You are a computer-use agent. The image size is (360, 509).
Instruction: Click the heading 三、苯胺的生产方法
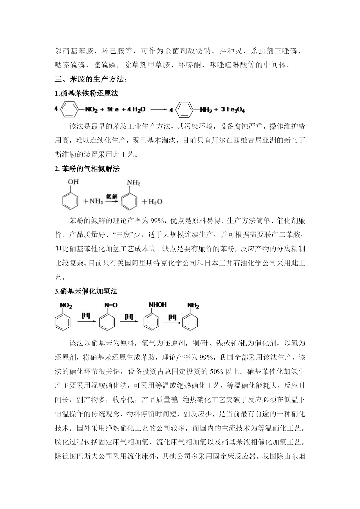point(91,79)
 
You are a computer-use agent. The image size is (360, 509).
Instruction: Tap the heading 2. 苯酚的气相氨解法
point(87,169)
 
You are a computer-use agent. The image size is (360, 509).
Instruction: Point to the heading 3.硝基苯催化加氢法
point(86,291)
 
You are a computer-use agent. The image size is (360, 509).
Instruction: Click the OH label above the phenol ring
point(73,182)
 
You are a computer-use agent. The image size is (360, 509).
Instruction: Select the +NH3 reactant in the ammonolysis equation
point(93,201)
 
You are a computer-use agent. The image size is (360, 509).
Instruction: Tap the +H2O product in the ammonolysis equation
point(152,202)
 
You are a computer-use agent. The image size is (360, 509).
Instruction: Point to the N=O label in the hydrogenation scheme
point(111,305)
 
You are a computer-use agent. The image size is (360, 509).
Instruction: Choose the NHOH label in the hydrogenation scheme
point(158,305)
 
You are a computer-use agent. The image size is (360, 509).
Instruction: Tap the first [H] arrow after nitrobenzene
point(86,319)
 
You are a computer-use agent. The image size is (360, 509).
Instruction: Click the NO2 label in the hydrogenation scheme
point(66,306)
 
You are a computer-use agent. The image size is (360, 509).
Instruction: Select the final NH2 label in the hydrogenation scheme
point(193,306)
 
